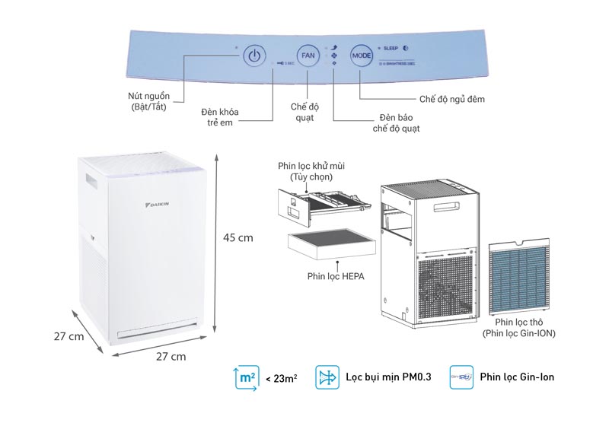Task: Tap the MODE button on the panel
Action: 361,56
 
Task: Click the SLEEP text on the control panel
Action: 391,48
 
